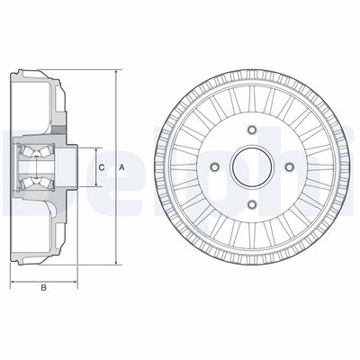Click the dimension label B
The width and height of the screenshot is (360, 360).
click(43, 289)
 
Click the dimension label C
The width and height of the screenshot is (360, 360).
click(102, 167)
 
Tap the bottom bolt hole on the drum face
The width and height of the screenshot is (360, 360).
click(252, 205)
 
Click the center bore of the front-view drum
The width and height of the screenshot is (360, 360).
click(252, 167)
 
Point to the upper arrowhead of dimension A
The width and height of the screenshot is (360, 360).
click(116, 70)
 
